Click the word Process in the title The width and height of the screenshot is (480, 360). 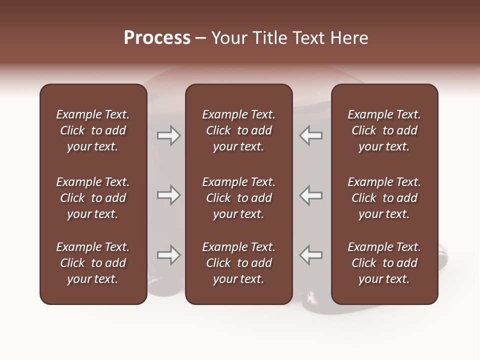pyautogui.click(x=157, y=38)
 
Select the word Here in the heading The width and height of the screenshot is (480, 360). pyautogui.click(x=349, y=38)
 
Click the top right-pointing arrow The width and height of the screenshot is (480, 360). pyautogui.click(x=168, y=135)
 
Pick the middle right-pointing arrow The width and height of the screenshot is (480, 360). pyautogui.click(x=168, y=195)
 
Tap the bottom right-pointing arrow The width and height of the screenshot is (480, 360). pyautogui.click(x=168, y=255)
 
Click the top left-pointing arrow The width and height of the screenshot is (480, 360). pyautogui.click(x=311, y=135)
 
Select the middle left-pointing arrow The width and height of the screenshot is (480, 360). pyautogui.click(x=311, y=195)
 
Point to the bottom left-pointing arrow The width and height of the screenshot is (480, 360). pyautogui.click(x=311, y=255)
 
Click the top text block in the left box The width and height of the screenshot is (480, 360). pyautogui.click(x=93, y=130)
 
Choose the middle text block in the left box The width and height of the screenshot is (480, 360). pyautogui.click(x=93, y=198)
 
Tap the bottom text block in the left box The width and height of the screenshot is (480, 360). pyautogui.click(x=93, y=263)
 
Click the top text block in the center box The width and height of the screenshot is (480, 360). pyautogui.click(x=238, y=130)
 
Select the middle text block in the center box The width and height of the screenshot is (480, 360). pyautogui.click(x=238, y=198)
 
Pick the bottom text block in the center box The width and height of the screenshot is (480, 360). pyautogui.click(x=238, y=263)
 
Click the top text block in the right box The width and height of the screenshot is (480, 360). pyautogui.click(x=384, y=130)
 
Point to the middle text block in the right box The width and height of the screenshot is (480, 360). pyautogui.click(x=384, y=198)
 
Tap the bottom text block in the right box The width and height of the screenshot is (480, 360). pyautogui.click(x=384, y=263)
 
